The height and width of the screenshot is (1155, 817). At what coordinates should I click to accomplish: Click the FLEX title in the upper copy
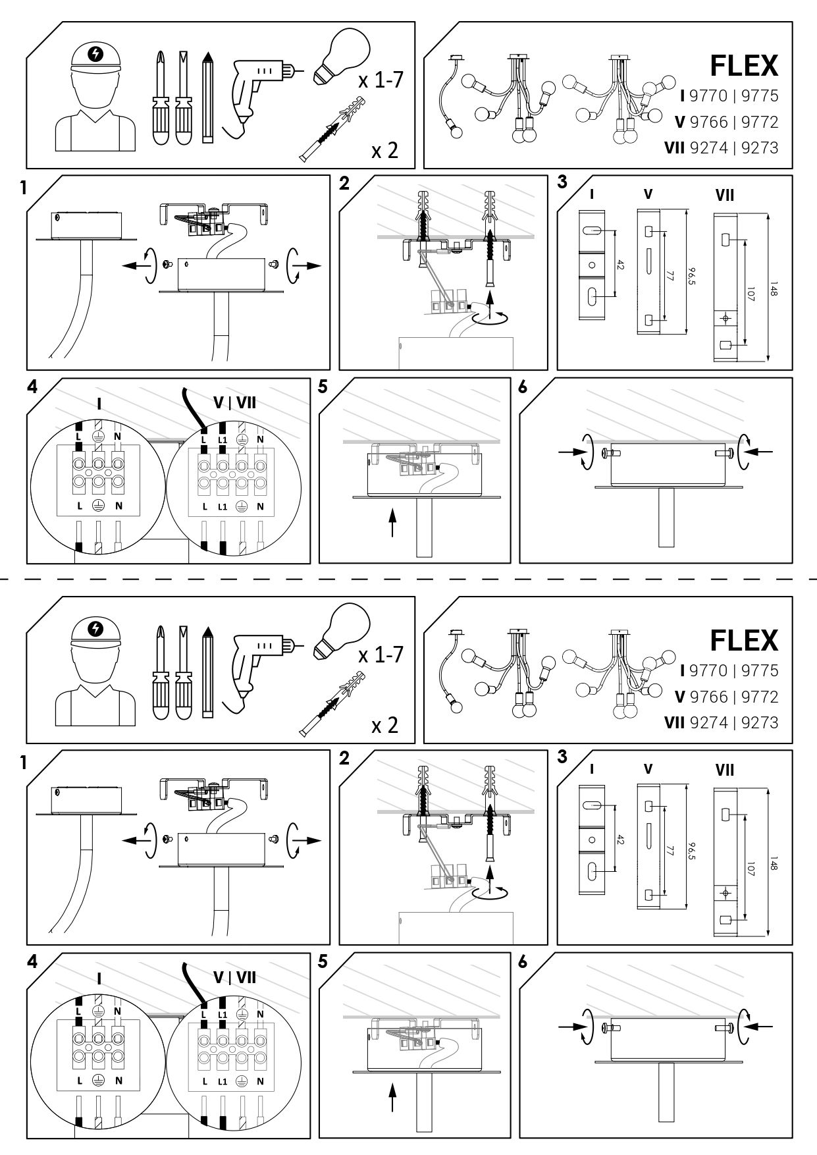744,66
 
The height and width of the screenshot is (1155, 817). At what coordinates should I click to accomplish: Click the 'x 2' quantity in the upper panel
385,151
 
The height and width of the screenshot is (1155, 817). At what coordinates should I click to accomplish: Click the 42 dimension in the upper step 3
620,265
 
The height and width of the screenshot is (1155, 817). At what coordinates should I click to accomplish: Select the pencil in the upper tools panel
209,97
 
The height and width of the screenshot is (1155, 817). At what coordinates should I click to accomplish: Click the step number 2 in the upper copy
344,184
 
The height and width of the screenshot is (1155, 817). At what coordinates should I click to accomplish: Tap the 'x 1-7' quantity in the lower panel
381,656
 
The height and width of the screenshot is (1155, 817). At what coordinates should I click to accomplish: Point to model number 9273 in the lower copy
760,723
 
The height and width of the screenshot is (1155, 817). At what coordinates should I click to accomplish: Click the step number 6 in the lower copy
523,961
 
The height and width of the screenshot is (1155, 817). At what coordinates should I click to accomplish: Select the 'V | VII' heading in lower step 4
235,977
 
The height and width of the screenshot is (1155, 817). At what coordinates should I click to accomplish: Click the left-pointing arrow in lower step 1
134,841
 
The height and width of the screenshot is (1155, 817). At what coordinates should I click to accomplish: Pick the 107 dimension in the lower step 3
750,865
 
